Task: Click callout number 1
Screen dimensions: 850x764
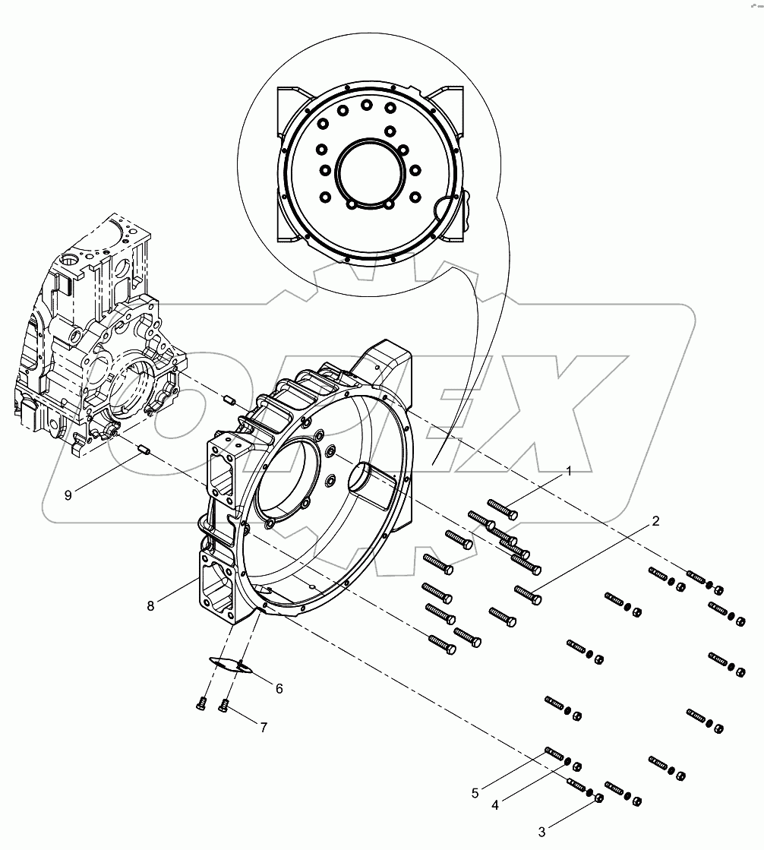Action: pos(567,472)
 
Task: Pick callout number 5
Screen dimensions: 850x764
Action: pos(475,793)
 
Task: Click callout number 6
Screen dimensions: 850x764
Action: pos(279,688)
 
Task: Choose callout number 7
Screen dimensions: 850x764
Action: pos(264,727)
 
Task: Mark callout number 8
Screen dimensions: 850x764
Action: pos(150,605)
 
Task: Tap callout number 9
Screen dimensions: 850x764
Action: pos(68,495)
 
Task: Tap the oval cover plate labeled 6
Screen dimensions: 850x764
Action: pos(228,664)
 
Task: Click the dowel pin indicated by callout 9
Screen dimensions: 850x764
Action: pos(144,453)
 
